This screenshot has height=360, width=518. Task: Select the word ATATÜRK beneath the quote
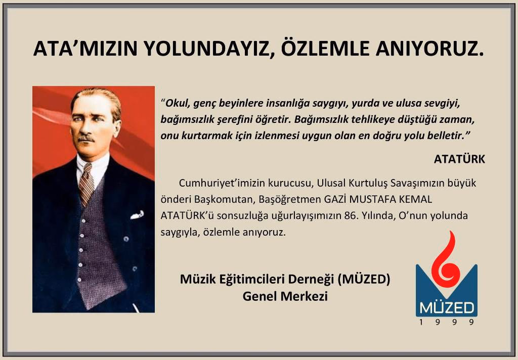(x=459, y=159)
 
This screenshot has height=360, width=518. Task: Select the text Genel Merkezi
(x=285, y=296)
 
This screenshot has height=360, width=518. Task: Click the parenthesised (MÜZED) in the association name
(x=364, y=279)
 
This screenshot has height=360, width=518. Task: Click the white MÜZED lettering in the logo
(x=447, y=308)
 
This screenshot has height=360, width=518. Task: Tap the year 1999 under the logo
(x=447, y=322)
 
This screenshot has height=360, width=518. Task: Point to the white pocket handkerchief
(x=137, y=215)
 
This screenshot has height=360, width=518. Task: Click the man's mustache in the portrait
(x=86, y=138)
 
